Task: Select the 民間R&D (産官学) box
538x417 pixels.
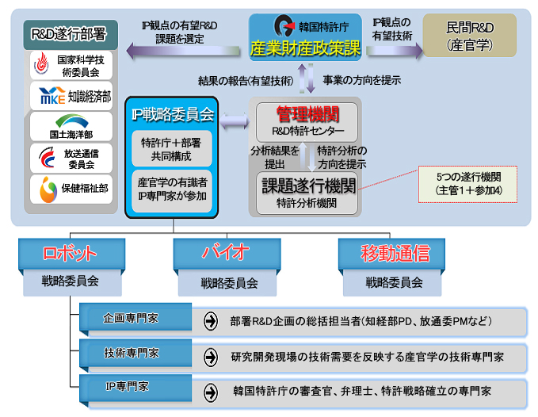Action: pyautogui.click(x=470, y=36)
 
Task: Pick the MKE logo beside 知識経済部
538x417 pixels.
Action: pyautogui.click(x=47, y=97)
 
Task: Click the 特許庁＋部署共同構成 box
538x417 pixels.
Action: pyautogui.click(x=173, y=149)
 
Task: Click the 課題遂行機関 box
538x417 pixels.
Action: pyautogui.click(x=306, y=190)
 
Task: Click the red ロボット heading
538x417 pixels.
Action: pyautogui.click(x=71, y=254)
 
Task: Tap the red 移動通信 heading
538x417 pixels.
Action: pyautogui.click(x=394, y=254)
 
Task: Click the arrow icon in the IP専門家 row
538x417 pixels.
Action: pyautogui.click(x=211, y=391)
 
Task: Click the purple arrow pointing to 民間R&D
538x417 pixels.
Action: pyautogui.click(x=391, y=48)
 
